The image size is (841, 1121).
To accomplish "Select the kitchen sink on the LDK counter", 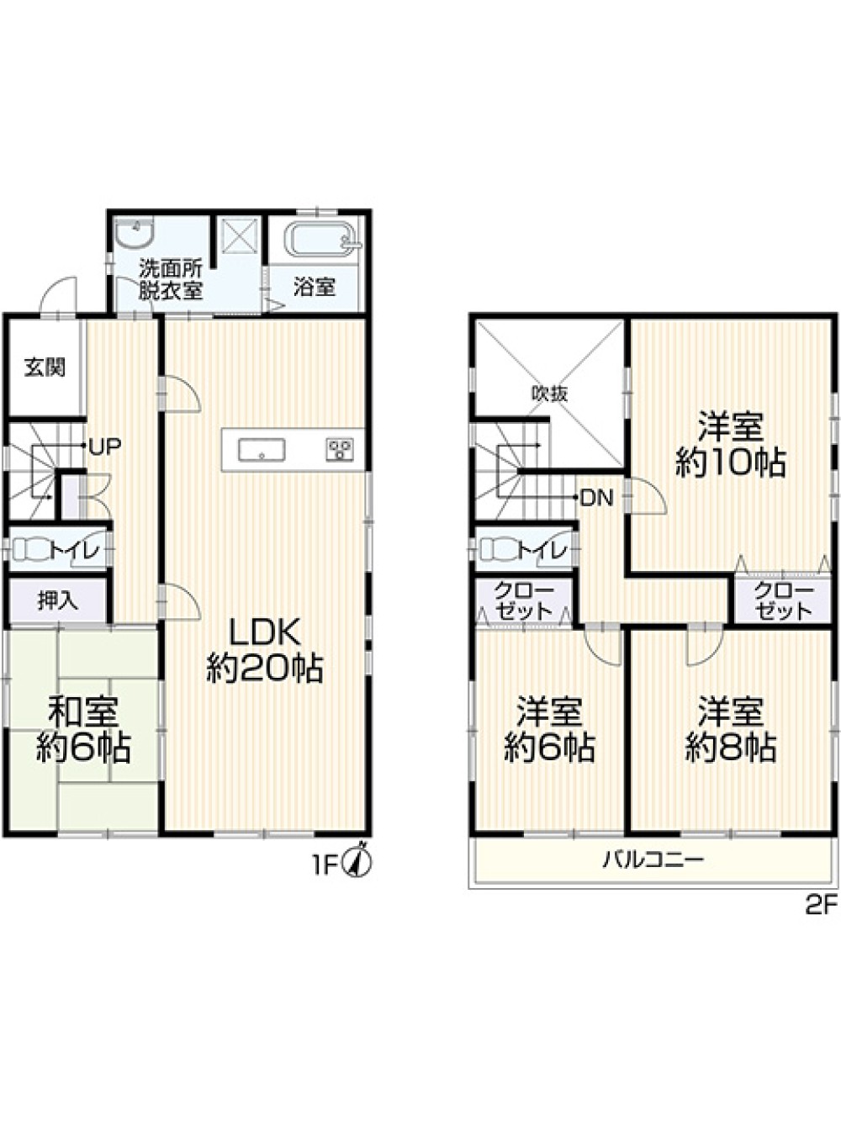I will (262, 451).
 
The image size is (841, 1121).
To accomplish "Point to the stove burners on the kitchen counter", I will (340, 450).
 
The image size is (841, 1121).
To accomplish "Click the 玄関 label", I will (45, 367).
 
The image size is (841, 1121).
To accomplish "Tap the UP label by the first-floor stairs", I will (105, 447).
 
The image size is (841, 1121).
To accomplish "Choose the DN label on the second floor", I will (597, 498).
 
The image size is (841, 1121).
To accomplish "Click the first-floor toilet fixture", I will (31, 550).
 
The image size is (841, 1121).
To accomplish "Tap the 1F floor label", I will (325, 865).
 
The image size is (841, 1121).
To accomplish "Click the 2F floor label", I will (821, 906).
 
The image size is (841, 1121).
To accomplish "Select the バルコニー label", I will (653, 860).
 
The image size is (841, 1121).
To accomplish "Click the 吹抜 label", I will (549, 393).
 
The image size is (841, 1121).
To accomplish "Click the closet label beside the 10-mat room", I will (784, 600).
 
